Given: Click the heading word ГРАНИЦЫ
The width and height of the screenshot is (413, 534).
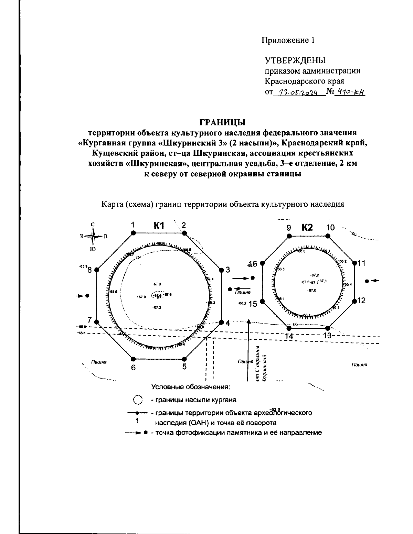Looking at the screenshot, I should click(x=223, y=122).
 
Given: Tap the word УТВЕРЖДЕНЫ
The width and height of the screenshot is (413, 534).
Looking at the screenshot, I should click(x=295, y=61).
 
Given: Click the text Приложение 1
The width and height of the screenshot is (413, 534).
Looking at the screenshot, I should click(x=288, y=40).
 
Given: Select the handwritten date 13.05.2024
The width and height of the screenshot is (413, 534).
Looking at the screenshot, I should click(x=299, y=92).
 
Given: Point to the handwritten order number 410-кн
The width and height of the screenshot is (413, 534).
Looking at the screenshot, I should click(x=351, y=92).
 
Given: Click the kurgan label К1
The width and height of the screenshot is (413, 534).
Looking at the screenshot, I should click(x=159, y=226).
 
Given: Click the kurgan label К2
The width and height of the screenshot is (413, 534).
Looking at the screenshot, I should click(x=307, y=227).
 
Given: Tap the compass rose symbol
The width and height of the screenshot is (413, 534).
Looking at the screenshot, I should click(x=93, y=237).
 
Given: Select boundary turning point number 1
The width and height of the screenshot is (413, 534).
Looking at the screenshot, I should click(x=134, y=233).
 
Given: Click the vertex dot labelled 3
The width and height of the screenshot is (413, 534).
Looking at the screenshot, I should click(x=221, y=270).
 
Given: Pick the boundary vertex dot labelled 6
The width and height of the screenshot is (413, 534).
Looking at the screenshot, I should click(x=134, y=358).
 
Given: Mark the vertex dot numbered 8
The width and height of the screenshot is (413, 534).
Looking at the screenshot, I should click(x=97, y=270).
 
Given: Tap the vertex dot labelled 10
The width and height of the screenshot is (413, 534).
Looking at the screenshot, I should click(x=328, y=236).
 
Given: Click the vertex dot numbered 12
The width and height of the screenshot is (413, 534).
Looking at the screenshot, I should click(x=355, y=301).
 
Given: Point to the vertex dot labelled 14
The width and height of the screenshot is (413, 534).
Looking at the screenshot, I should click(x=289, y=328).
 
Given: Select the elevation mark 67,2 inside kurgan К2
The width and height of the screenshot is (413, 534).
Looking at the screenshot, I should click(x=314, y=275).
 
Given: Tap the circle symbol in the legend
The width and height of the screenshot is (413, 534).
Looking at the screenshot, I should click(x=137, y=400).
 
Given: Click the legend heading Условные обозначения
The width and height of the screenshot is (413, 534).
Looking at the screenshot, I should click(x=191, y=387).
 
